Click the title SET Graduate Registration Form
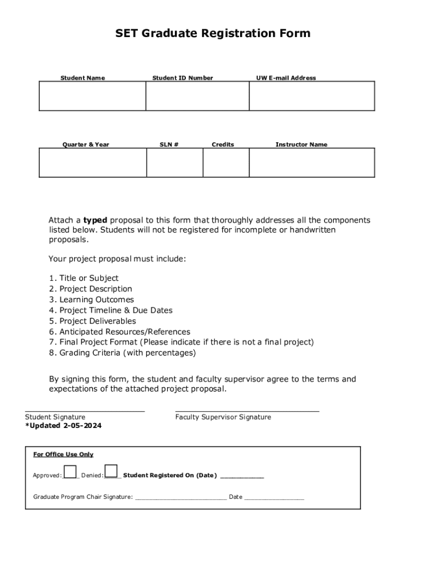point(213,34)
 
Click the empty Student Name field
point(92,96)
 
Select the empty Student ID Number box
point(198,96)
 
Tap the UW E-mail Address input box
point(311,96)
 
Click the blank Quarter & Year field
point(92,163)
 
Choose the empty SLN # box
point(174,163)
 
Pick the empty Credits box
point(226,163)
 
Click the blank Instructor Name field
point(311,163)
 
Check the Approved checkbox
point(70,471)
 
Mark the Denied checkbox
point(111,471)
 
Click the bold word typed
point(95,220)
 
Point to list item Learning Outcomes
point(96,300)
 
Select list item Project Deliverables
point(97,321)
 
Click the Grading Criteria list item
point(127,353)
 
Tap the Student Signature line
point(85,411)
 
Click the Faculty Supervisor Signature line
point(247,411)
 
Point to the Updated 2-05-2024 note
point(64,426)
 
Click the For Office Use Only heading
point(63,455)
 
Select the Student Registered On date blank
point(242,476)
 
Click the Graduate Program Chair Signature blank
point(181,498)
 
